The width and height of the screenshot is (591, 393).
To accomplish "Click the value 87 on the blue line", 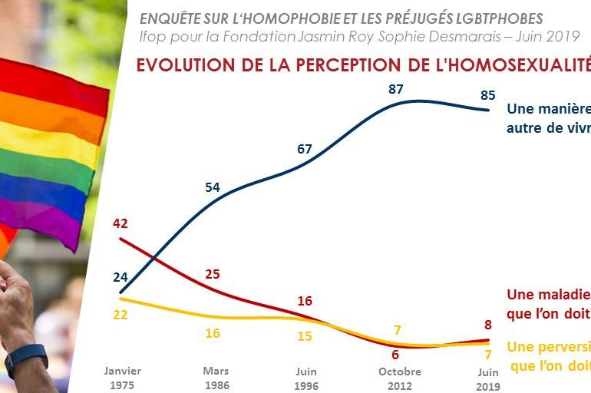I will click(x=396, y=89).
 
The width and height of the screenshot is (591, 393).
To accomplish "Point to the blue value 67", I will click(x=305, y=149).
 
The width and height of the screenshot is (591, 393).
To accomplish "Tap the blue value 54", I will click(x=213, y=187).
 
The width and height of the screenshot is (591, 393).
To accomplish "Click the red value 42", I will click(x=120, y=224).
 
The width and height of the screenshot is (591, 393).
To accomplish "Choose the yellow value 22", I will click(x=121, y=315).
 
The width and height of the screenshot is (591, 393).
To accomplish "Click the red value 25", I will click(x=213, y=273).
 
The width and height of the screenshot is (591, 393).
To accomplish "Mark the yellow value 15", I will click(x=305, y=336).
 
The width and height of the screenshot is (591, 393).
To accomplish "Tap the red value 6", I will click(x=395, y=355).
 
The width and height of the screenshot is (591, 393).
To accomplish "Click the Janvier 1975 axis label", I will click(x=123, y=378).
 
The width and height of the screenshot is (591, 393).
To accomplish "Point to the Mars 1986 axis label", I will click(x=216, y=378).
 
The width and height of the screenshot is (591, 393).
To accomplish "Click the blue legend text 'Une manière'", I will click(x=547, y=109).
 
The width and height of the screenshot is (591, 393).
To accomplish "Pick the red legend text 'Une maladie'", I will click(x=547, y=295).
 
